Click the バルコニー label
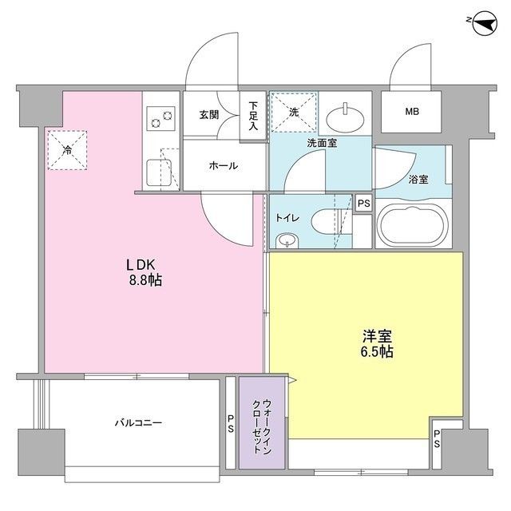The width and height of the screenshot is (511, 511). click(x=137, y=422)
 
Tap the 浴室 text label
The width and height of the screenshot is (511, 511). click(x=418, y=180)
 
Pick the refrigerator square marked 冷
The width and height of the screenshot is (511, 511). click(x=67, y=150)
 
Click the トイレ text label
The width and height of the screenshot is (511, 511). click(x=288, y=216)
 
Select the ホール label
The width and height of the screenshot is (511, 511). click(x=222, y=166)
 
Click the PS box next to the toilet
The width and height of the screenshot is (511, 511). click(x=363, y=203)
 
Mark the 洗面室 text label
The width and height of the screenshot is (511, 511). click(x=321, y=145)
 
